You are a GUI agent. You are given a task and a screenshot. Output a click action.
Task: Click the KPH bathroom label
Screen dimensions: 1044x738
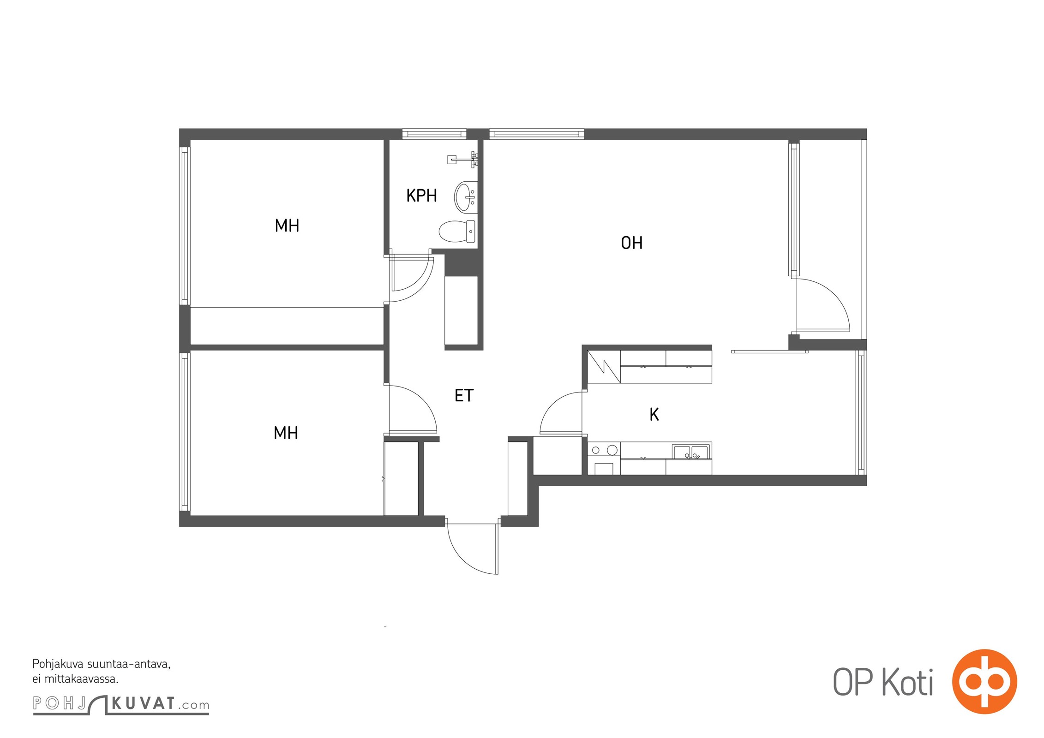(421, 196)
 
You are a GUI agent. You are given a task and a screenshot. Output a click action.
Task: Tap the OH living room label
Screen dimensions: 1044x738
(631, 243)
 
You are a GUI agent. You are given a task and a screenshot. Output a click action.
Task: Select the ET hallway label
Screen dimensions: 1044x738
(464, 395)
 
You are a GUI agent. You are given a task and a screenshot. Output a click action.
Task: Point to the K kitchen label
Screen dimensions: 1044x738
(654, 414)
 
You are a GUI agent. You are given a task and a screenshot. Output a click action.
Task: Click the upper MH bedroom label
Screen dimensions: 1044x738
(287, 226)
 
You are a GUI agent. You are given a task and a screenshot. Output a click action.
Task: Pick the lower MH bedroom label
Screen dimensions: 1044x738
(286, 433)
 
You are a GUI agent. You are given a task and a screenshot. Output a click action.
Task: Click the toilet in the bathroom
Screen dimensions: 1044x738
(457, 231)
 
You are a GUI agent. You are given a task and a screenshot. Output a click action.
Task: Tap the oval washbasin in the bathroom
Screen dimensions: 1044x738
(466, 197)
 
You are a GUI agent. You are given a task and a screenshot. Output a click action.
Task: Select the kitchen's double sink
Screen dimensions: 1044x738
(690, 452)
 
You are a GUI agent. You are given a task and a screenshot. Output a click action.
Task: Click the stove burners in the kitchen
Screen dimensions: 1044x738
(604, 450)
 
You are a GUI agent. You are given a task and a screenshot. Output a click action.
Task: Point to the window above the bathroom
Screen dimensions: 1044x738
(434, 134)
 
